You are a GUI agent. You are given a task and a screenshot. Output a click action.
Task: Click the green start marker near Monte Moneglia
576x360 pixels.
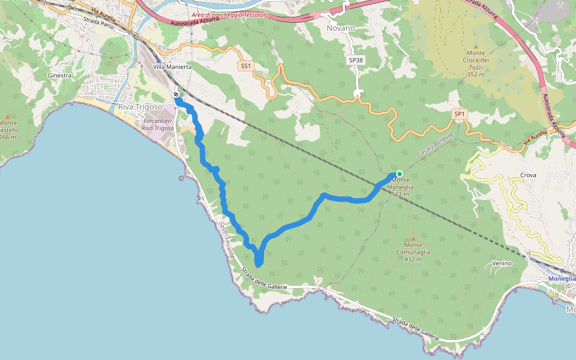click(x=399, y=174)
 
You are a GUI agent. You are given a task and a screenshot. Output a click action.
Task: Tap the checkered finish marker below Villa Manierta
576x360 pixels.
click(x=176, y=95)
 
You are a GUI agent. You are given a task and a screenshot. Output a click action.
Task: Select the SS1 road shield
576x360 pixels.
click(x=245, y=66)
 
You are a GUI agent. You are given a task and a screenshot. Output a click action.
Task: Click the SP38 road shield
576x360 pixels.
click(x=356, y=60)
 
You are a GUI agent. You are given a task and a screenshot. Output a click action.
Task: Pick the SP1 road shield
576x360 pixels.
click(x=460, y=114)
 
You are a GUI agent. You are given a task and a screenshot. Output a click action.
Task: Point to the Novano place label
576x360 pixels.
click(x=341, y=28)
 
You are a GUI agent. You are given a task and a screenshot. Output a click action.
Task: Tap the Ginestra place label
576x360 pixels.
click(x=59, y=76)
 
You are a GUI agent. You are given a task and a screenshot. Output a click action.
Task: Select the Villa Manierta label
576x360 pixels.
click(x=172, y=67)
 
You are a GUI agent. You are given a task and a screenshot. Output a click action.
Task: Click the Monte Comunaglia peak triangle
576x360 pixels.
click(x=413, y=238)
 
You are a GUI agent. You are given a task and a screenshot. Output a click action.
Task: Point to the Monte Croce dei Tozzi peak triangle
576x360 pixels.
click(x=476, y=46)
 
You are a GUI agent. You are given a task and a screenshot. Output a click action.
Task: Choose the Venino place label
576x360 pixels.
click(x=502, y=263)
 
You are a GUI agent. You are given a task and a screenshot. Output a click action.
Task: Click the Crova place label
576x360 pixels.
click(x=529, y=175)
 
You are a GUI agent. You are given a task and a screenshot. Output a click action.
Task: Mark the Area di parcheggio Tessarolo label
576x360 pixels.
click(x=229, y=15)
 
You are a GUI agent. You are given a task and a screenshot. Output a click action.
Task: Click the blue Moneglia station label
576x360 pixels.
click(x=563, y=279)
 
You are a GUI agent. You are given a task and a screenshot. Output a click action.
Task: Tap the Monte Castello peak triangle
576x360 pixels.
click(x=7, y=116)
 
